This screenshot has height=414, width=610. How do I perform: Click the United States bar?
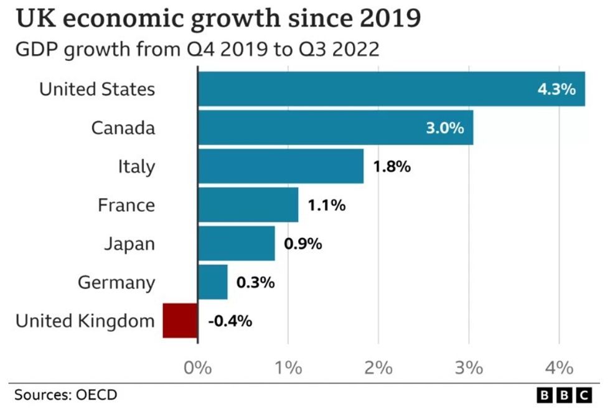[x=391, y=89]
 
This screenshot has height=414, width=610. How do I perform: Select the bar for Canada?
[x=335, y=127]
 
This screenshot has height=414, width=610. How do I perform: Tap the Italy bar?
[x=280, y=166]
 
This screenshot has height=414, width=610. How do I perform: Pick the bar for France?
[x=248, y=205]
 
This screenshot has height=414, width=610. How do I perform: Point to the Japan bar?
[x=236, y=243]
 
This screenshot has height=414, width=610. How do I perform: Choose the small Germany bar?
[x=212, y=282]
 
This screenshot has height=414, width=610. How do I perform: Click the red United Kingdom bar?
[x=180, y=320]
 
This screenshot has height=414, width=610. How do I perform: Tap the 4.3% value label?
[x=556, y=89]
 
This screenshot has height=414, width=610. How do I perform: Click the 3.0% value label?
[x=444, y=128]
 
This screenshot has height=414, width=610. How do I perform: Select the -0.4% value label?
[x=230, y=321]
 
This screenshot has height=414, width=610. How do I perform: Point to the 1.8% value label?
[x=392, y=167]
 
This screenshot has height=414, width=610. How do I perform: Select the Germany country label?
[x=116, y=282]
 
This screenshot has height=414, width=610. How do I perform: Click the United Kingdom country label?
[x=85, y=321]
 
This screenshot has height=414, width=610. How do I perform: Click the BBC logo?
[x=565, y=395]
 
